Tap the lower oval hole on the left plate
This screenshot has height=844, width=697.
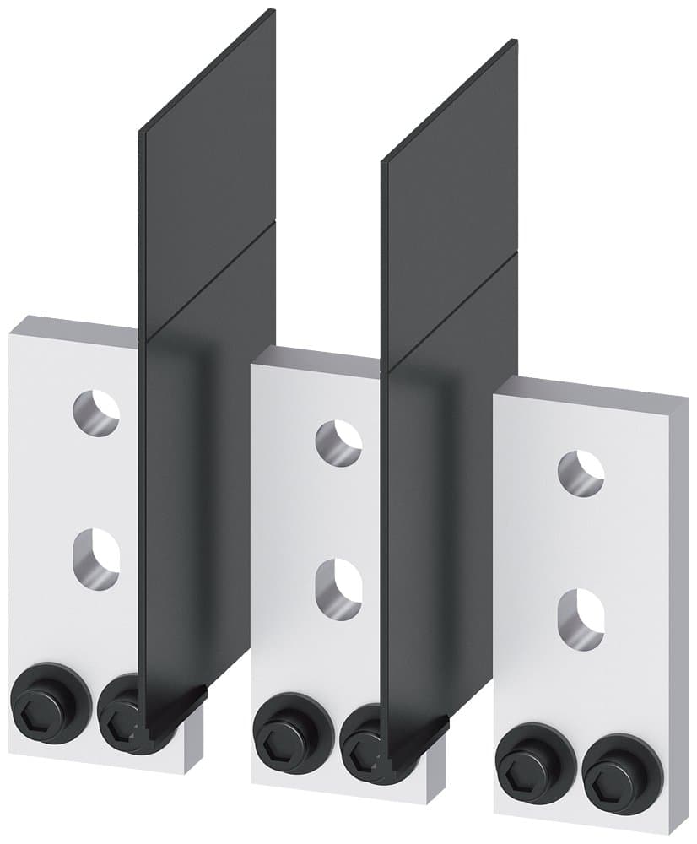coord(95,557)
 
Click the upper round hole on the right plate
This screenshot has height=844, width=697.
coord(581,473)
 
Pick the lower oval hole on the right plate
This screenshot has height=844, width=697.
coord(581,619)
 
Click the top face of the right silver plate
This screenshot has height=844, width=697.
coord(591,386)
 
